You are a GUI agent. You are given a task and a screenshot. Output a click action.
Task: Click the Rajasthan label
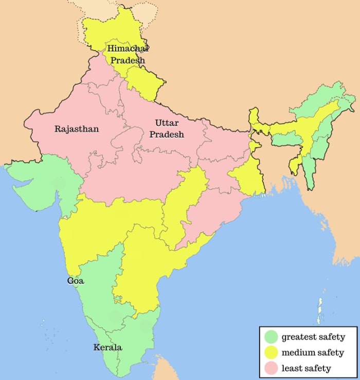point(77,129)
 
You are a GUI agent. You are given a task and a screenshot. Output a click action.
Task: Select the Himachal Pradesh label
point(127,54)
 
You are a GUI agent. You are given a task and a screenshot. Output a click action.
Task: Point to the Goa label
point(76,281)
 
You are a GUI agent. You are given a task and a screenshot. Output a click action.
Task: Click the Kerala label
point(107,347)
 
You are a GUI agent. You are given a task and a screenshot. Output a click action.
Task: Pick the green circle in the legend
point(272,337)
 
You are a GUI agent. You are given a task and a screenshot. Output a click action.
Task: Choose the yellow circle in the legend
point(272,352)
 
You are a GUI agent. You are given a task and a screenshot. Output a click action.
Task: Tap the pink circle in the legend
point(272,368)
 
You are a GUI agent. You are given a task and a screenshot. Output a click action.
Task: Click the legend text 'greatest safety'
point(313,338)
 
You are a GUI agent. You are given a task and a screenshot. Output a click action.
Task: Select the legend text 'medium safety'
point(313,353)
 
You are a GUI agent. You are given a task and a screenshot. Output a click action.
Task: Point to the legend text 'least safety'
point(306,368)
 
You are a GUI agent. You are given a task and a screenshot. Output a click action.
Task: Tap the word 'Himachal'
point(128,49)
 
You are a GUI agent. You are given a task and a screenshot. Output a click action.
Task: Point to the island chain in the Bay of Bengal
point(320,309)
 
